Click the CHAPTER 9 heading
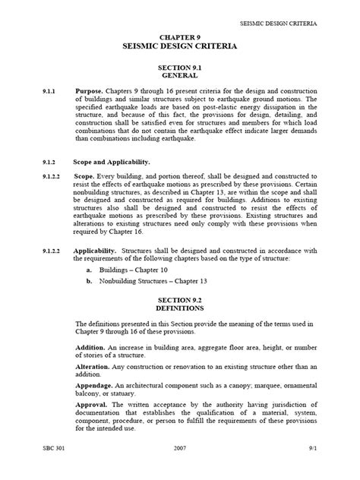pos(180,37)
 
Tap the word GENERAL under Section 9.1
pos(180,76)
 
